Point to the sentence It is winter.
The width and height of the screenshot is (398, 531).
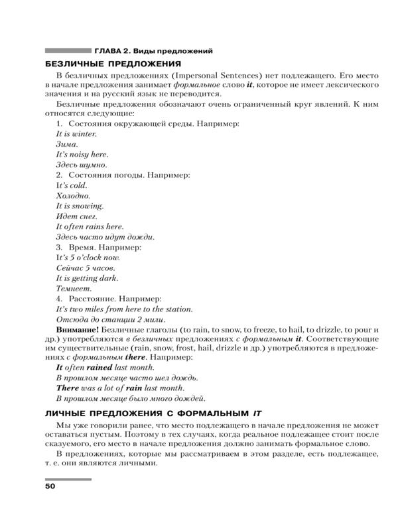coord(76,134)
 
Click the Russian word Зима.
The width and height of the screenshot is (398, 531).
coord(67,144)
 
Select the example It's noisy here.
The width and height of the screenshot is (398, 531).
coord(82,155)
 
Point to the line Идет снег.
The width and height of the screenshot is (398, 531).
coord(77,216)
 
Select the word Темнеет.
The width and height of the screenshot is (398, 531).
coord(74,289)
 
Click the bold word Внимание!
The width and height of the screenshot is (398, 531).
coord(78,330)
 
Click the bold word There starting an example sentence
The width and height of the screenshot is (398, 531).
coord(68,388)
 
